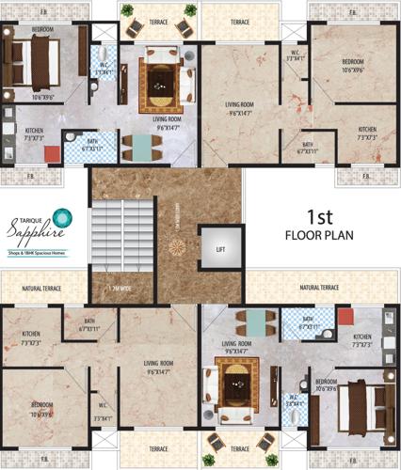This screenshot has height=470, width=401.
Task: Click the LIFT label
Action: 220,248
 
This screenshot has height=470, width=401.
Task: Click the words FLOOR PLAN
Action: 320,235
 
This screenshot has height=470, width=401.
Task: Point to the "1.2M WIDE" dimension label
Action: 120,288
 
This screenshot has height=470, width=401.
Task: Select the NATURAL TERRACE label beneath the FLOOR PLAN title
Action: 319,287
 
